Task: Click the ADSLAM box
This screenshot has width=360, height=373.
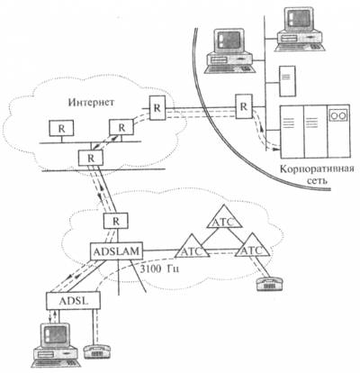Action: click(x=117, y=251)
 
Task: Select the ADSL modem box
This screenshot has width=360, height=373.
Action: click(x=73, y=301)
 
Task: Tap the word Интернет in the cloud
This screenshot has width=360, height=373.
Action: click(x=91, y=102)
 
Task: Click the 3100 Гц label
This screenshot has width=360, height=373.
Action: click(x=160, y=268)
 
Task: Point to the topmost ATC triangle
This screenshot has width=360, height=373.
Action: click(x=224, y=218)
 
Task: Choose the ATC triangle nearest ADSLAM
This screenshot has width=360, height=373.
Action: click(x=193, y=248)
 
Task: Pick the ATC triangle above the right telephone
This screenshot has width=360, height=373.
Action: click(x=252, y=246)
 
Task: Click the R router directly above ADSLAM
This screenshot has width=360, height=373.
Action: click(x=116, y=222)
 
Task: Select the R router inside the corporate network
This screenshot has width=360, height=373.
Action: click(x=244, y=106)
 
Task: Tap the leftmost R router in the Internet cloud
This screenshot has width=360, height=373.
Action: click(x=61, y=128)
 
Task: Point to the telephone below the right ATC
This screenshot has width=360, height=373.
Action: click(x=269, y=283)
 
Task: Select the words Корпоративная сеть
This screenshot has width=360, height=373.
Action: click(x=317, y=174)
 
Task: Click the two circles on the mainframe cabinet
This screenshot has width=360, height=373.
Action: click(x=338, y=114)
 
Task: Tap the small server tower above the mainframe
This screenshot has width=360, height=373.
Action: click(x=287, y=81)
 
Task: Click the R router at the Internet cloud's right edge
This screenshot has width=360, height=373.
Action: click(x=157, y=108)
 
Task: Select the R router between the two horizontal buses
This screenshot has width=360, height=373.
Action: click(x=91, y=158)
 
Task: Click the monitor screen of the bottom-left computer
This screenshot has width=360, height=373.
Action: click(x=56, y=334)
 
